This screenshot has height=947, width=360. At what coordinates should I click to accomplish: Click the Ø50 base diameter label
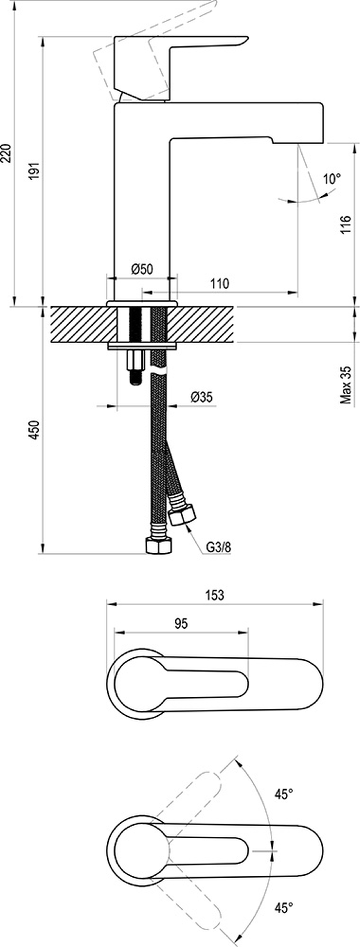pos(142,269)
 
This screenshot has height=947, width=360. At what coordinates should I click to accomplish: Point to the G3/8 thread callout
pos(218,547)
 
